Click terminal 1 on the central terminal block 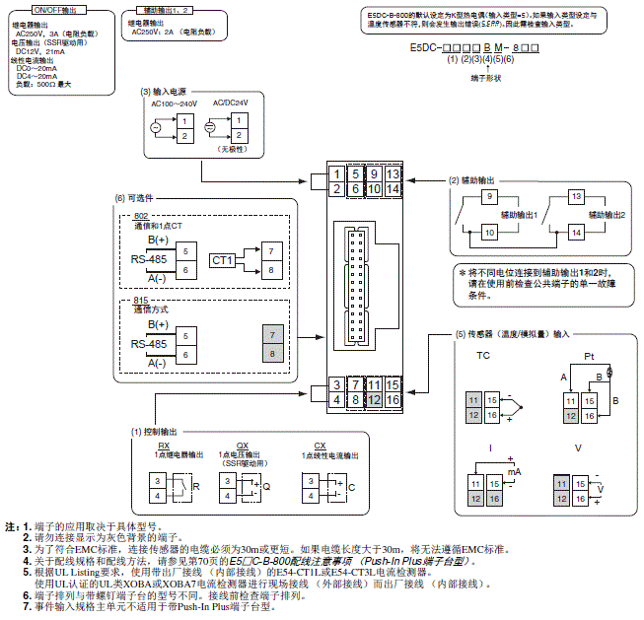tap(337, 174)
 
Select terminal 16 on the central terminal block tap(393, 399)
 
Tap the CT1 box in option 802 tap(223, 259)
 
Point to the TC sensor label tap(483, 355)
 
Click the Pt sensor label tap(589, 355)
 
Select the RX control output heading tap(164, 446)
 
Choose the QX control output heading tap(243, 446)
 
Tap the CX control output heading tap(320, 446)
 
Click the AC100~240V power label tap(174, 103)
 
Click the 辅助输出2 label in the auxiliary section tap(605, 214)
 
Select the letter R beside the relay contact tap(195, 487)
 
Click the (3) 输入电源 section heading tap(167, 91)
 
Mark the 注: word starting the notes tap(11, 527)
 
